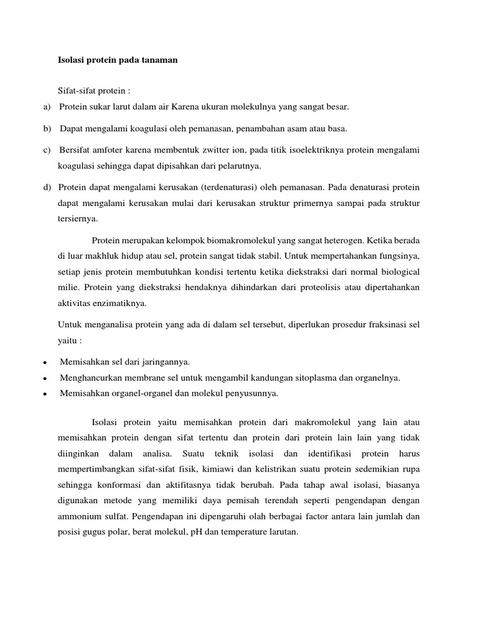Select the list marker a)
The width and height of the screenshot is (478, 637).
click(47, 107)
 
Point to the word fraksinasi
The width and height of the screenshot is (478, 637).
click(383, 325)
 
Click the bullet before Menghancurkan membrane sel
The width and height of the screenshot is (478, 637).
click(47, 378)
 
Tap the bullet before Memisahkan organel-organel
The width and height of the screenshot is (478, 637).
click(47, 394)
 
